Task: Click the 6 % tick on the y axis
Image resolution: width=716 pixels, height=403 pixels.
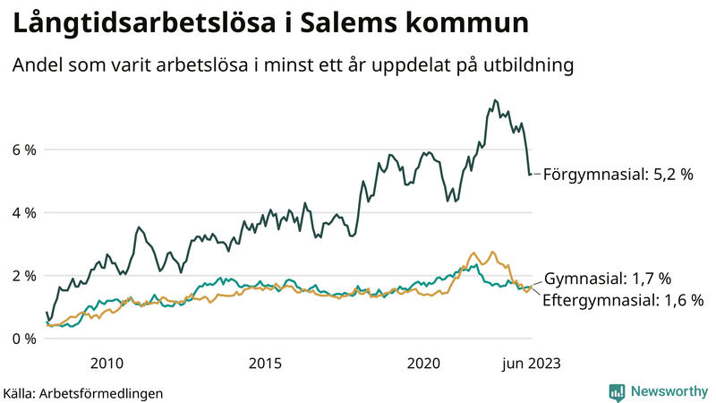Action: tap(23, 150)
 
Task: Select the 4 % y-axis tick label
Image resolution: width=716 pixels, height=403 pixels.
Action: tap(23, 213)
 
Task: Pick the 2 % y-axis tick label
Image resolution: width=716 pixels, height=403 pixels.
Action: tap(23, 276)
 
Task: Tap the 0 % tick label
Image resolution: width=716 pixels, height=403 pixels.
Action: tap(23, 339)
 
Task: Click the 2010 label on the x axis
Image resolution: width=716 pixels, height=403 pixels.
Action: tap(107, 363)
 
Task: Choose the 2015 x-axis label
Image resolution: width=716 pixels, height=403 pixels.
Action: tap(265, 363)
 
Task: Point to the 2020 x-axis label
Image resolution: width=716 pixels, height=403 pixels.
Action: tap(423, 363)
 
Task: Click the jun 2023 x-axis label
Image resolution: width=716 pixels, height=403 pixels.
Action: tap(530, 363)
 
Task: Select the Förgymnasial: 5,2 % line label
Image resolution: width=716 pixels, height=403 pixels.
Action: tap(618, 175)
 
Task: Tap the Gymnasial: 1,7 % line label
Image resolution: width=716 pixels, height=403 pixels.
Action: tap(607, 279)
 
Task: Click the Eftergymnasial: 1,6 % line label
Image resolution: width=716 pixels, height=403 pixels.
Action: tap(623, 300)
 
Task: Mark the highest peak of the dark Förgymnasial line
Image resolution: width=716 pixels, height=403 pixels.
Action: tap(495, 100)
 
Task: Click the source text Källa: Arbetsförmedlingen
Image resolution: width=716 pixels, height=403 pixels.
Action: tap(83, 392)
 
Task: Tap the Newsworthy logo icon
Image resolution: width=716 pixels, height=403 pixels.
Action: tap(617, 391)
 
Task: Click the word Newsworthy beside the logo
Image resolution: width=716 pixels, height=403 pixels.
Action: tap(668, 391)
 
